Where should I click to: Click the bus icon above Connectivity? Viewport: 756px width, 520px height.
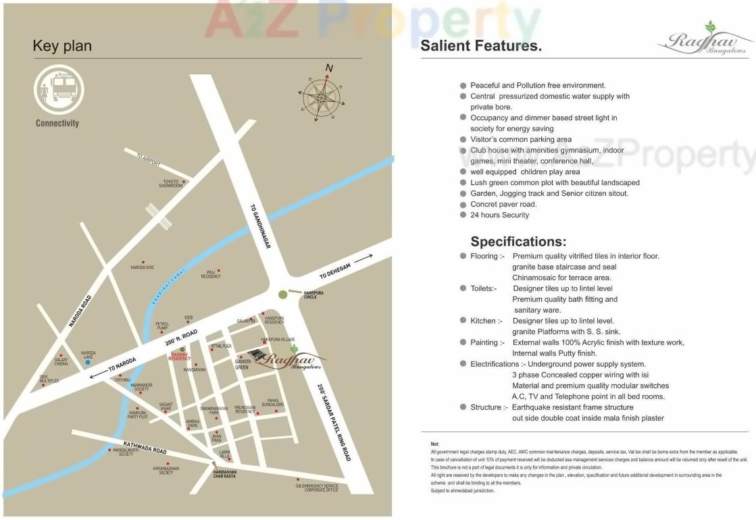(59, 90)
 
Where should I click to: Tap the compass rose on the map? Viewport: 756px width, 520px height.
(321, 97)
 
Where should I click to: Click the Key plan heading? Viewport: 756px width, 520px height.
(62, 47)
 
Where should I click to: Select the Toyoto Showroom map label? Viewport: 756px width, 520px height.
(170, 183)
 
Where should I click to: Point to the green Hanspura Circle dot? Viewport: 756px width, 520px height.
(282, 294)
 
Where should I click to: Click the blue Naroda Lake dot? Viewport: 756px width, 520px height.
(88, 363)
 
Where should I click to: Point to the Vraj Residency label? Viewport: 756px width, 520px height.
(211, 275)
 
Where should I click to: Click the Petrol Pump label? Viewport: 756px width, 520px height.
(162, 326)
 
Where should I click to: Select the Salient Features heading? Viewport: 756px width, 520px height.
(481, 47)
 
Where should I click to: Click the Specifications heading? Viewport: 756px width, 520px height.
(518, 242)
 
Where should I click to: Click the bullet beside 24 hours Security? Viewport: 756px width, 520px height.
(463, 215)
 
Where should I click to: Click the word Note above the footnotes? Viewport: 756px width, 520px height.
(434, 444)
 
